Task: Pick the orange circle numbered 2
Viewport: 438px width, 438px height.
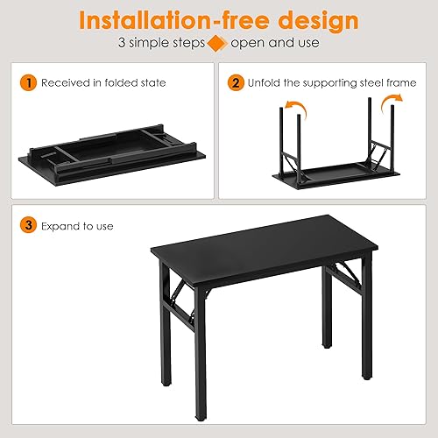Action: pos(236,83)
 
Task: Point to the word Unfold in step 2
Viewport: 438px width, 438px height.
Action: pos(265,83)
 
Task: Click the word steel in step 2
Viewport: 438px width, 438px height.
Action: pos(363,83)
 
